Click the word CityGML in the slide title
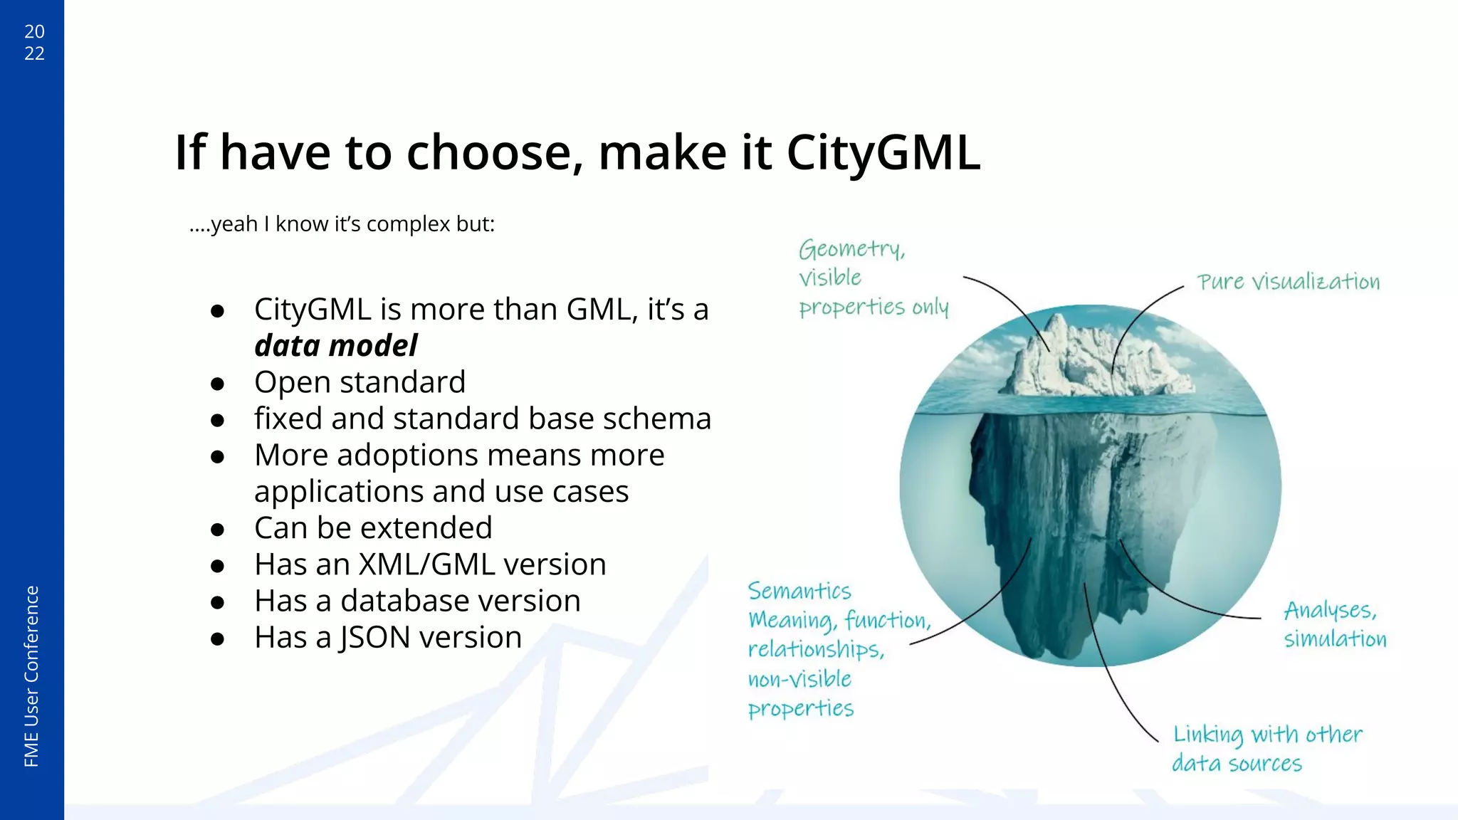[x=883, y=153]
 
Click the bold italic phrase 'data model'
[x=335, y=346]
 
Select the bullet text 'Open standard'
[x=360, y=382]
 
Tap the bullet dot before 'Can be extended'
[x=218, y=530]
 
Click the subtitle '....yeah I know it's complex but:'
[x=342, y=224]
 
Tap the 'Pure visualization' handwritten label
[x=1288, y=282]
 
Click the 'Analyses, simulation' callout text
[x=1334, y=624]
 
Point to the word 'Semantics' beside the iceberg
[x=799, y=591]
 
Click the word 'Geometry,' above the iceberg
[x=851, y=249]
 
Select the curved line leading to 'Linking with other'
[x=1111, y=676]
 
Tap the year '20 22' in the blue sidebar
[x=34, y=42]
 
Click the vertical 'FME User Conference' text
[x=31, y=676]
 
